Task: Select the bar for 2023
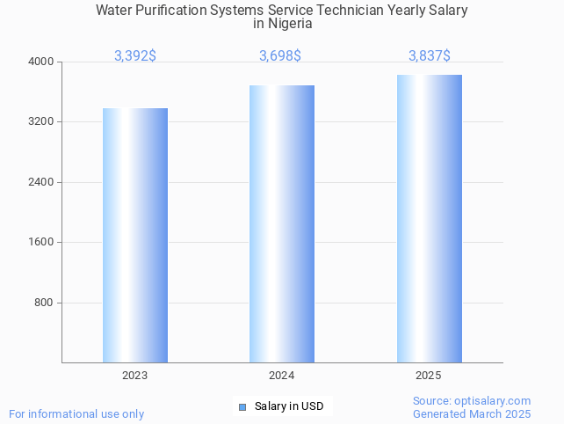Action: click(135, 235)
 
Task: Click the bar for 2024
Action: click(282, 223)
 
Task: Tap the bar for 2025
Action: click(429, 218)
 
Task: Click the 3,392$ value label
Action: click(135, 56)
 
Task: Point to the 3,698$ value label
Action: click(280, 56)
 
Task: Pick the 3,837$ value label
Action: click(430, 56)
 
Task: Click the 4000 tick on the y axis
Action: click(41, 62)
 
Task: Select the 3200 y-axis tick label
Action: click(41, 121)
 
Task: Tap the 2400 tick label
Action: click(41, 182)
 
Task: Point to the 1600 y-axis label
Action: click(41, 242)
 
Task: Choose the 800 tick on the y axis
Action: click(44, 303)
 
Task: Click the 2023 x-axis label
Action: click(135, 376)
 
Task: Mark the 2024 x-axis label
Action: click(282, 376)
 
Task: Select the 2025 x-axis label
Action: click(429, 376)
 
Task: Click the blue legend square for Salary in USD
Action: click(242, 406)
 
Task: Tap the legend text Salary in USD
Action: click(289, 406)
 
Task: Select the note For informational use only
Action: click(76, 414)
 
